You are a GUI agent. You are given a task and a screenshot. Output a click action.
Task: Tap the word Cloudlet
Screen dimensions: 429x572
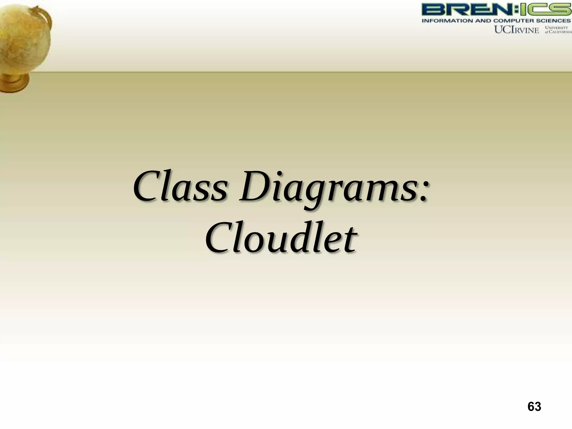281,239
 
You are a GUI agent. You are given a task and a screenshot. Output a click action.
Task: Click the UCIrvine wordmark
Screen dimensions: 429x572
517,30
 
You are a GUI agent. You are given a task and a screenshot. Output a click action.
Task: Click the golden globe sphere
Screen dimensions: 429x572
22,42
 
